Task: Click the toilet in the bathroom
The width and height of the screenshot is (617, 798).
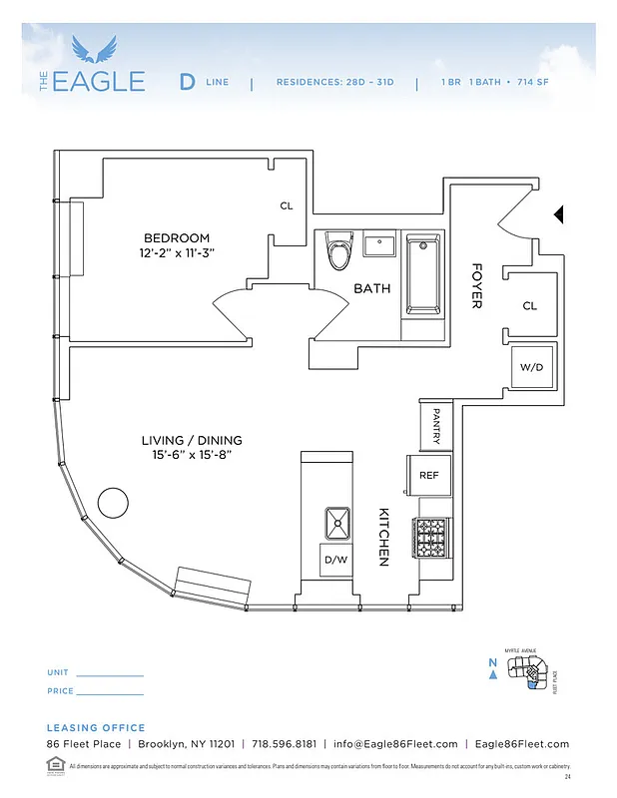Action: (x=340, y=253)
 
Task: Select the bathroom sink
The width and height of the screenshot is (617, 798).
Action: (x=379, y=244)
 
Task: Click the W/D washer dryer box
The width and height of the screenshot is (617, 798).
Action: (x=529, y=367)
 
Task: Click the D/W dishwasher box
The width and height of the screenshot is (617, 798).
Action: (x=333, y=559)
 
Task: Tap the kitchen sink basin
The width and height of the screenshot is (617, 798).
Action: (x=336, y=521)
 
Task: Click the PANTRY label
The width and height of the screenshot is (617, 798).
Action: (x=436, y=425)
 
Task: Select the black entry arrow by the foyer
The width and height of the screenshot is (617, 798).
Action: (x=559, y=213)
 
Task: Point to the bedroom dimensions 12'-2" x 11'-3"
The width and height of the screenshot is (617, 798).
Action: (x=177, y=253)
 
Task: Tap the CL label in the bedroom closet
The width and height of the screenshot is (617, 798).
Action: (x=287, y=206)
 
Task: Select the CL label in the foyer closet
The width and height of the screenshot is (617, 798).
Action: (x=529, y=306)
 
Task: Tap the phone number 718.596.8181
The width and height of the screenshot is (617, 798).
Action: (x=284, y=744)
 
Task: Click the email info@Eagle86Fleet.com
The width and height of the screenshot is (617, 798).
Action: (x=395, y=744)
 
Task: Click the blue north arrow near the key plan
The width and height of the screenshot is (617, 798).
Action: (x=493, y=674)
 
